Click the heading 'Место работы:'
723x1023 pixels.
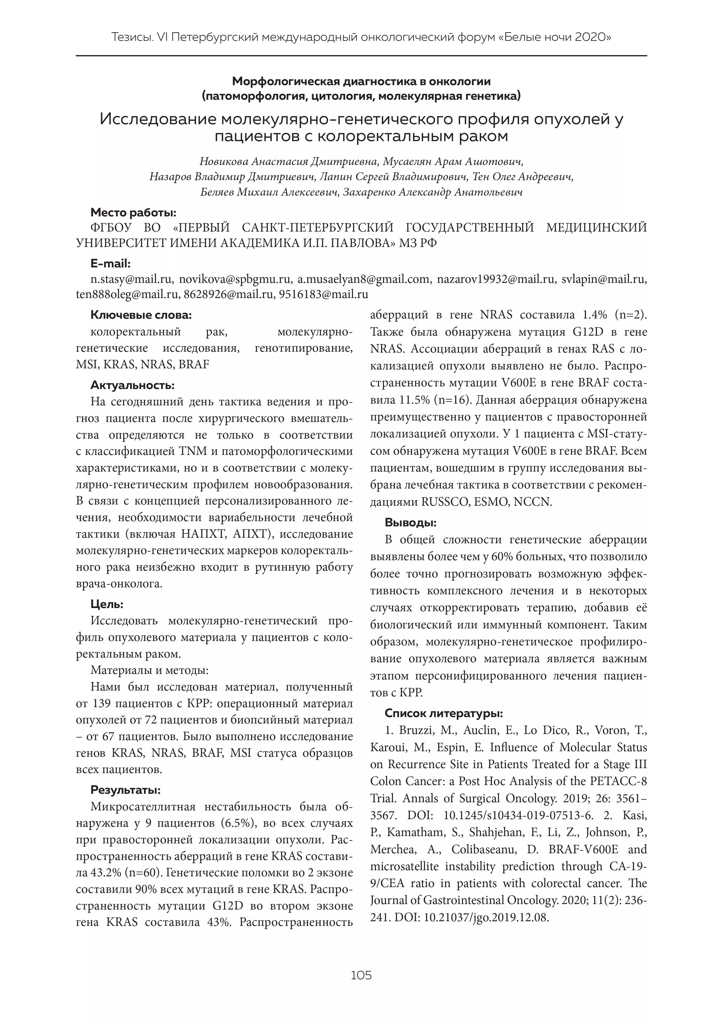click(133, 213)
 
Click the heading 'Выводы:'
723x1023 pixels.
click(411, 523)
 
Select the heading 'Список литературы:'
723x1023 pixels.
click(444, 713)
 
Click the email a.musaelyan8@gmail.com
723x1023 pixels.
click(364, 279)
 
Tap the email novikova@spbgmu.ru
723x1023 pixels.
click(235, 279)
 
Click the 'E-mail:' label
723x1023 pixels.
click(110, 264)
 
